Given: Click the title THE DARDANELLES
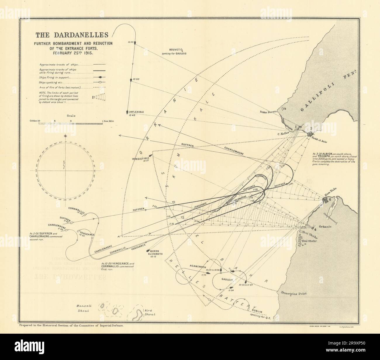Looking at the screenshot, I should [71, 35].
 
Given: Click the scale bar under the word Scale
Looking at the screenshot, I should [71, 124].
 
